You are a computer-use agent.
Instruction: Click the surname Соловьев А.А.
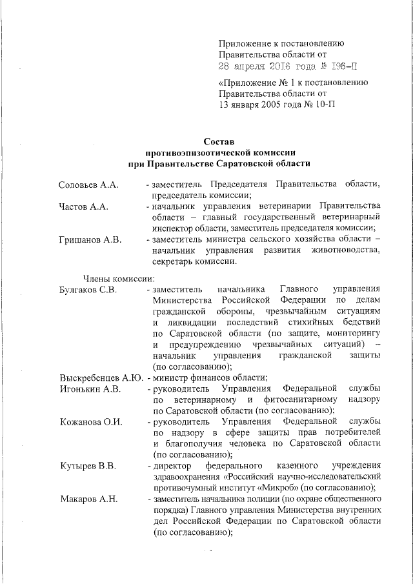click(x=88, y=185)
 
